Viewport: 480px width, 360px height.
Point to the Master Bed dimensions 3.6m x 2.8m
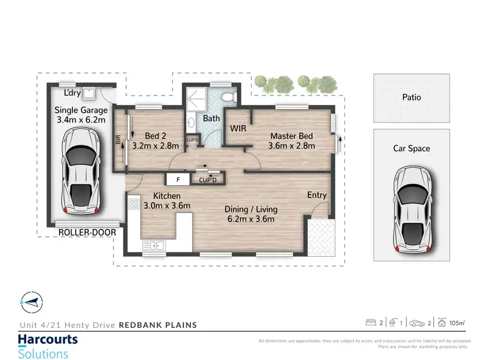pos(291,146)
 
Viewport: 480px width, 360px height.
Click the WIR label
pos(238,128)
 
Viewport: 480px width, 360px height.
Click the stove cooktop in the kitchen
pos(134,204)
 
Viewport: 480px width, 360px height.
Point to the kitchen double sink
pos(155,245)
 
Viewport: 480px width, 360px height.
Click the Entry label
pos(317,195)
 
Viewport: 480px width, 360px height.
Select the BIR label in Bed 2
pos(118,140)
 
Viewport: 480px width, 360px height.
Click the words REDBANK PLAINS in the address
pos(158,325)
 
